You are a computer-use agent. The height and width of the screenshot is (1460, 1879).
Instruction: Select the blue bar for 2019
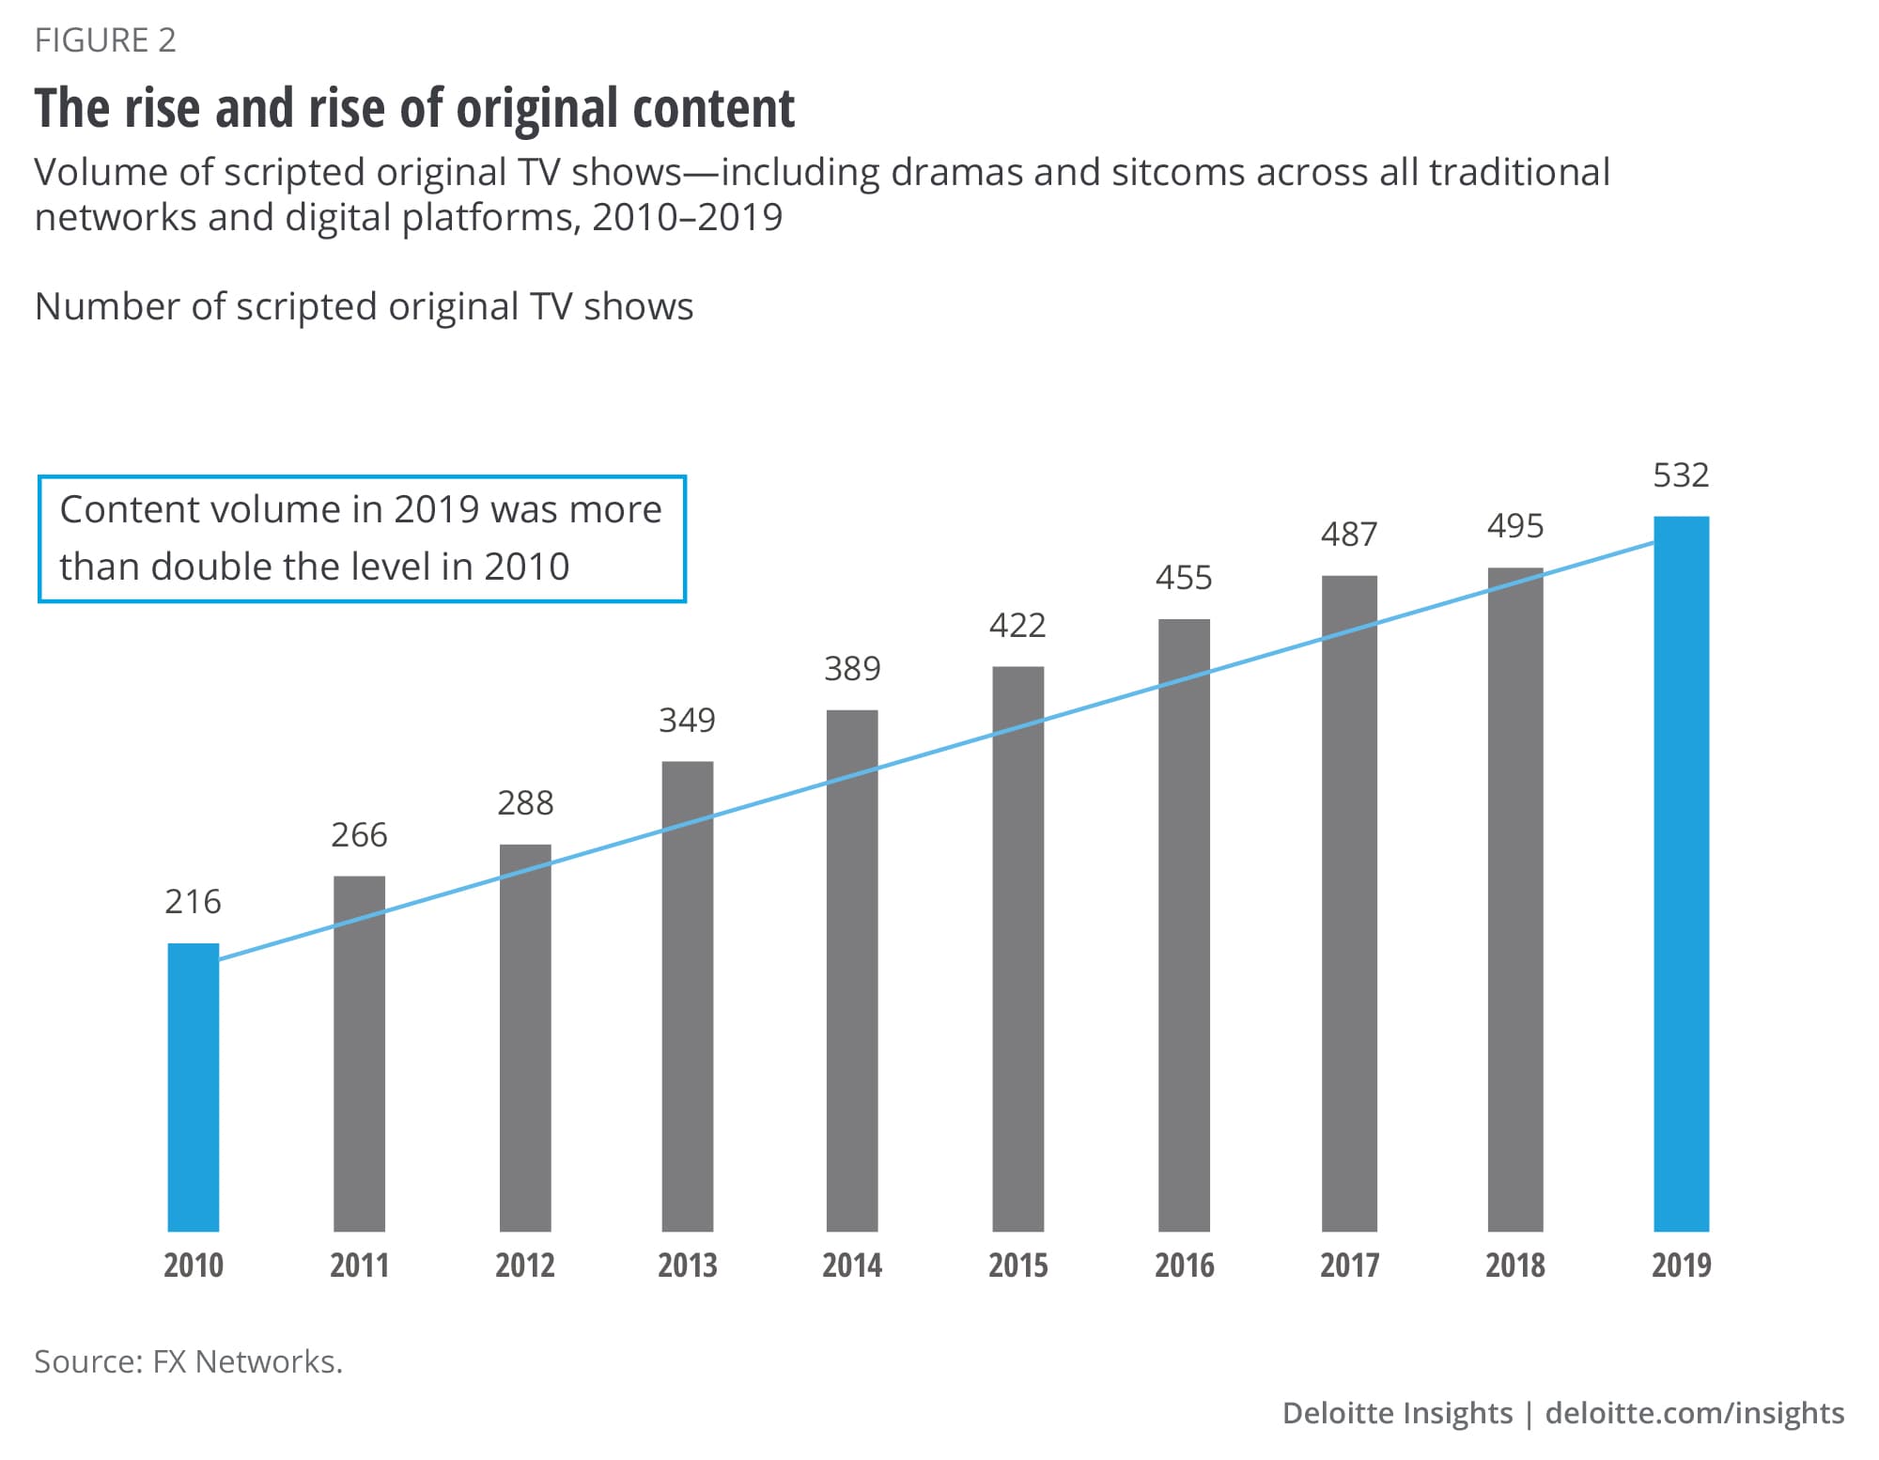click(x=1681, y=874)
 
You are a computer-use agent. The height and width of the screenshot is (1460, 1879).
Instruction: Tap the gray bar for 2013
click(x=687, y=996)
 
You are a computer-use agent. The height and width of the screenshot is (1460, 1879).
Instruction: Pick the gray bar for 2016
click(x=1184, y=925)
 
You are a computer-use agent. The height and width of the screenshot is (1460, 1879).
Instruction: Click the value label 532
click(x=1681, y=475)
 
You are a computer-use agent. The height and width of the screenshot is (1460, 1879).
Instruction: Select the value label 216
click(x=193, y=902)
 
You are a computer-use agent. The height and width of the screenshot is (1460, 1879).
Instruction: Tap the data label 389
click(x=852, y=669)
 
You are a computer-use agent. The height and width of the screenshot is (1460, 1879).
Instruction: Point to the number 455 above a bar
click(x=1184, y=578)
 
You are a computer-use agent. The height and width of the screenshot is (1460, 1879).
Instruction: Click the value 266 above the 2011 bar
click(x=359, y=835)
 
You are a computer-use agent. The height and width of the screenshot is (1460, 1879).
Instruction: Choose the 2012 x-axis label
click(x=524, y=1266)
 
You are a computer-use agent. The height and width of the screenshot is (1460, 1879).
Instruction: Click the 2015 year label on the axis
click(x=1017, y=1266)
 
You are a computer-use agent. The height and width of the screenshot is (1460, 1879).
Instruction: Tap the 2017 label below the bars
click(x=1349, y=1266)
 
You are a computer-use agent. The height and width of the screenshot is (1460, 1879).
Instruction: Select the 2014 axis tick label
click(x=852, y=1266)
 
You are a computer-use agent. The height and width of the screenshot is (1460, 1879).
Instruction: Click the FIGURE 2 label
click(x=105, y=40)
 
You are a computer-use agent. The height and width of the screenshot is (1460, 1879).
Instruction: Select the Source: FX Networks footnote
click(x=189, y=1361)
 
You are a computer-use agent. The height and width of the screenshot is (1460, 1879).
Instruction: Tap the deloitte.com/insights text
click(x=1694, y=1413)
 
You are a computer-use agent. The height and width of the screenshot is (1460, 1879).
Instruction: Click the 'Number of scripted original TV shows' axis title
click(x=364, y=306)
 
